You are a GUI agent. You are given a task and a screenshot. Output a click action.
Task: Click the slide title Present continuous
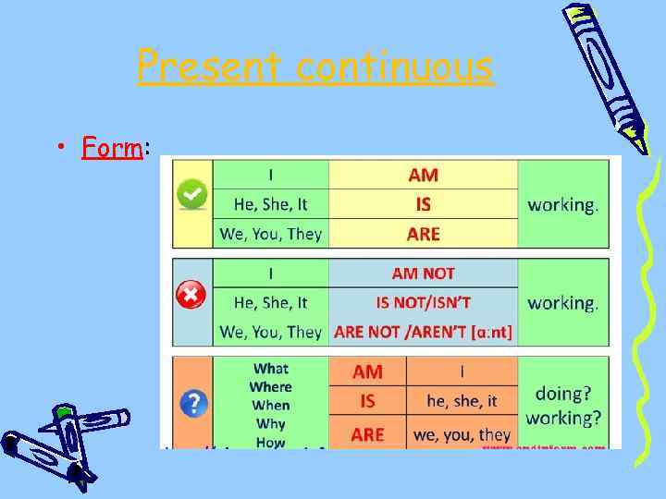click(315, 67)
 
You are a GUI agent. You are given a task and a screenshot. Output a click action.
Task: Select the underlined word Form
click(111, 147)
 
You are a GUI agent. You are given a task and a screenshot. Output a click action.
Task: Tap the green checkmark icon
click(192, 195)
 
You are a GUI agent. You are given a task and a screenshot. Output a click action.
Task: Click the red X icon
click(191, 296)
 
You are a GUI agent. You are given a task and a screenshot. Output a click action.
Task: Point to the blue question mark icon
click(192, 403)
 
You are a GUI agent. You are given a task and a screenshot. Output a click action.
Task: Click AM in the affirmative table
click(423, 175)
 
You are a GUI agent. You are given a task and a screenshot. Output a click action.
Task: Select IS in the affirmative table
click(423, 204)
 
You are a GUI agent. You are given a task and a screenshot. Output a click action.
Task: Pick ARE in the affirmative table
click(423, 234)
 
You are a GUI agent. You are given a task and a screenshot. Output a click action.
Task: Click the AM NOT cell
click(423, 274)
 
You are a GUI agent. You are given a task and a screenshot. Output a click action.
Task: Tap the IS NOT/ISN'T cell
click(423, 302)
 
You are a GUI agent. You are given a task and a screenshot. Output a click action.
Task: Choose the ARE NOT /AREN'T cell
click(423, 332)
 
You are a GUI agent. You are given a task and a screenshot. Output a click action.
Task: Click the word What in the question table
click(270, 369)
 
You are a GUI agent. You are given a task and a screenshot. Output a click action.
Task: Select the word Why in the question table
click(270, 424)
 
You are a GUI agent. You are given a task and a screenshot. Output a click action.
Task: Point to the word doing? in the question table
click(563, 394)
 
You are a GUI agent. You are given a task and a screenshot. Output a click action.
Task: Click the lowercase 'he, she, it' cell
click(462, 401)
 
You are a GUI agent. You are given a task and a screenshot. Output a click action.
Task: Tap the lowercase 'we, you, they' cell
click(462, 433)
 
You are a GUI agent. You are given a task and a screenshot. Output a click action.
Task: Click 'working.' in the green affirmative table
click(562, 204)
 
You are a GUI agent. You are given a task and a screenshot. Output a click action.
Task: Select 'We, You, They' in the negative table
click(270, 332)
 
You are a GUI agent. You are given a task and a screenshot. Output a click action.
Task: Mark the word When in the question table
click(270, 406)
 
